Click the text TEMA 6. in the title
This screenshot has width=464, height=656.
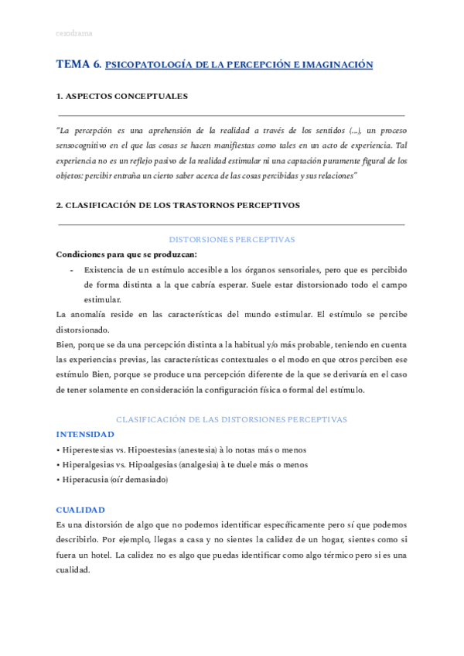coord(79,65)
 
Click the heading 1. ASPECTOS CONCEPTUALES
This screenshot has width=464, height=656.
coord(121,97)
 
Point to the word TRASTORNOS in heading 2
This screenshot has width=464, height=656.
coord(203,205)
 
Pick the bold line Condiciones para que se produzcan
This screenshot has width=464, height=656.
coord(127,255)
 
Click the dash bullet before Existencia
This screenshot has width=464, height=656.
coord(71,269)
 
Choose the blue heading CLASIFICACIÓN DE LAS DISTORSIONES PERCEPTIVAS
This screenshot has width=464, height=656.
coord(231,419)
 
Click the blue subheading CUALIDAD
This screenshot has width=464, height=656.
coord(80,510)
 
